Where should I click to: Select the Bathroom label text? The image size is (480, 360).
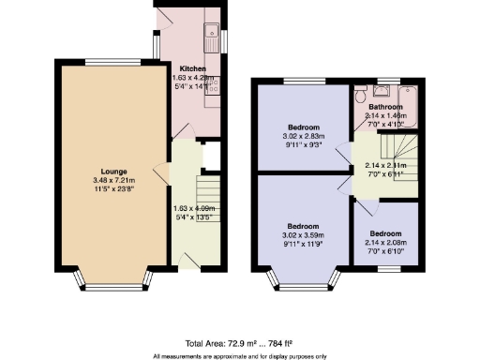tap(384, 106)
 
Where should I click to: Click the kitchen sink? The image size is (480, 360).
tap(212, 25)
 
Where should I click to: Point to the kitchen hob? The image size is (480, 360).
tap(215, 85)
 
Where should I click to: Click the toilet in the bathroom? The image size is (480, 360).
tap(360, 93)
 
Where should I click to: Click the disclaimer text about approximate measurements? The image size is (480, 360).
tap(239, 356)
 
